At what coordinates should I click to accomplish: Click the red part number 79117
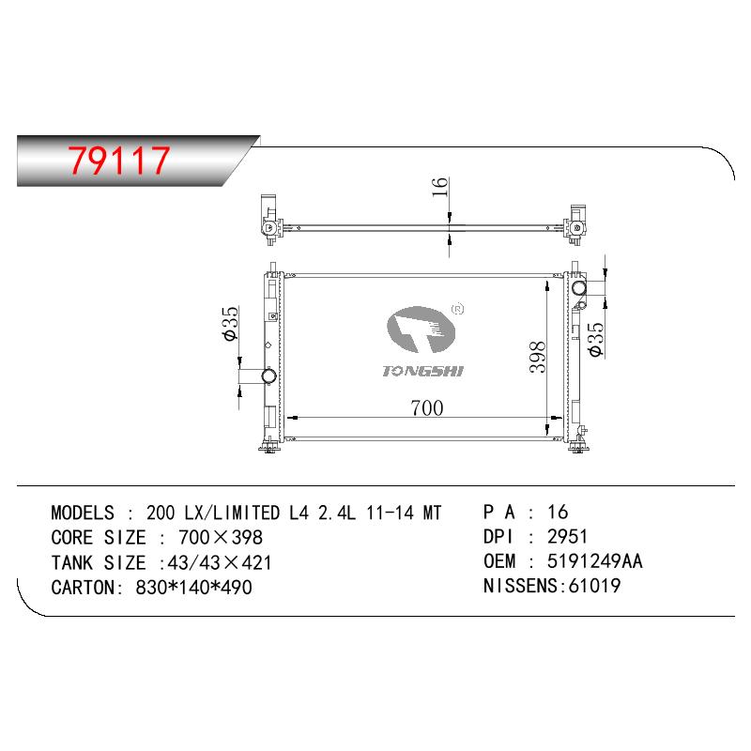[x=119, y=160]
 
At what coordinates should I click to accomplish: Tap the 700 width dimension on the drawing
[x=427, y=408]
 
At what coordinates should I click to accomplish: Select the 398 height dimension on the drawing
[x=537, y=357]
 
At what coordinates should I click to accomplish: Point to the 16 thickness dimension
[x=439, y=187]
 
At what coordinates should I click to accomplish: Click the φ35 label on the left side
[x=230, y=323]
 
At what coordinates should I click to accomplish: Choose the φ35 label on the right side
[x=596, y=339]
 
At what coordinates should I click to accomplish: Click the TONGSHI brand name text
[x=423, y=371]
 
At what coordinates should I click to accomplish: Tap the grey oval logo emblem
[x=421, y=330]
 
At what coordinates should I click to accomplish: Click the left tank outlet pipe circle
[x=269, y=375]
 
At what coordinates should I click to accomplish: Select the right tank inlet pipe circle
[x=579, y=288]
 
